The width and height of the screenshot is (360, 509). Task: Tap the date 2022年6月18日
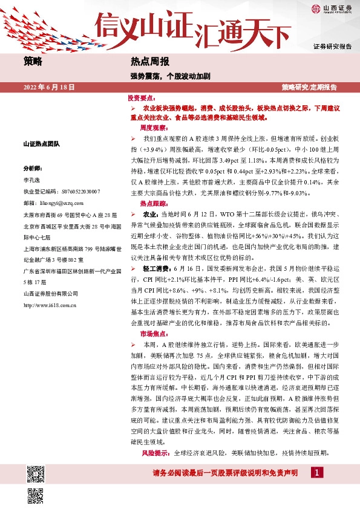(49, 87)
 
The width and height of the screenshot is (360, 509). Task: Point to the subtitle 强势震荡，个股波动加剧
(170, 77)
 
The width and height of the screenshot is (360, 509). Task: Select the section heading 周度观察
(153, 128)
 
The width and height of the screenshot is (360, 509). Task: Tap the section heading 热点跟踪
(153, 204)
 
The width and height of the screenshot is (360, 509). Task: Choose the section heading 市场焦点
(153, 334)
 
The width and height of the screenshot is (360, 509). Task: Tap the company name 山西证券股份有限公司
(50, 294)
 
